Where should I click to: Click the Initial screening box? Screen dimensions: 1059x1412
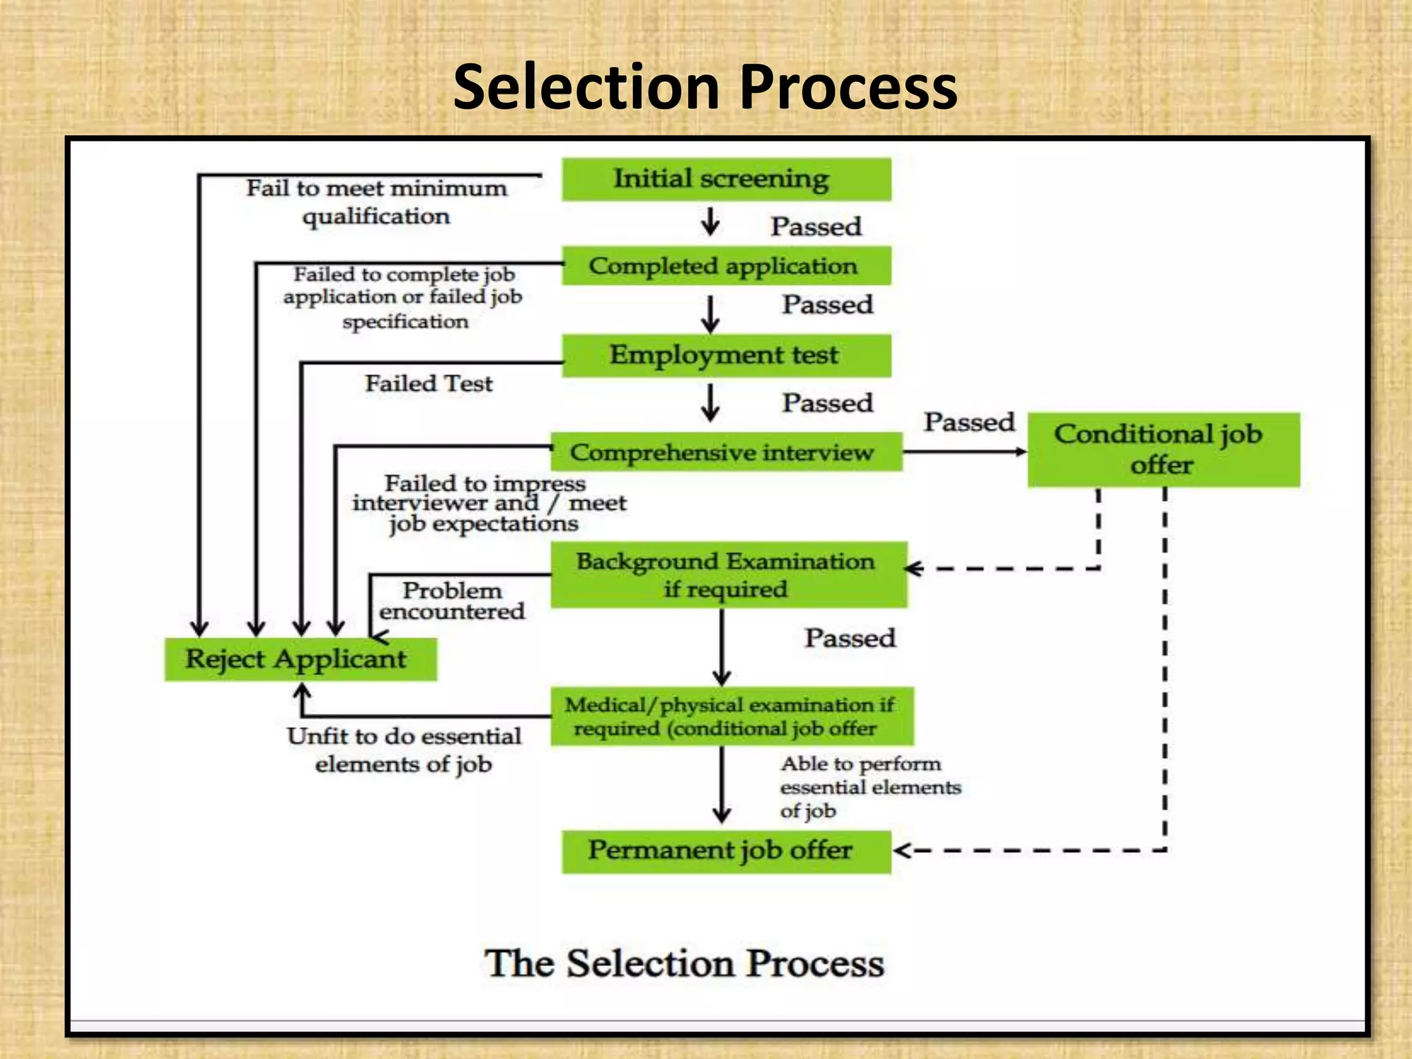pos(726,179)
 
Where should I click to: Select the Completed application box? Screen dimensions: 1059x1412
pos(726,266)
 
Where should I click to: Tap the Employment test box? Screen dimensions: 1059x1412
pos(726,355)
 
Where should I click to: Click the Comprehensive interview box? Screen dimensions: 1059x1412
pos(726,452)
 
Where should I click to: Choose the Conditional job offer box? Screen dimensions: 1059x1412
pos(1163,450)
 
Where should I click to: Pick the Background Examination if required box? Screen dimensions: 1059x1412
pos(729,574)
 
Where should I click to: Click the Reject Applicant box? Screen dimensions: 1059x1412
pos(300,659)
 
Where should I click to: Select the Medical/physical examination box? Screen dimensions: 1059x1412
pos(732,716)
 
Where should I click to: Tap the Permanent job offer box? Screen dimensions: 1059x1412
pos(726,851)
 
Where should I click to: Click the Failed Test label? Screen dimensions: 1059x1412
pos(428,383)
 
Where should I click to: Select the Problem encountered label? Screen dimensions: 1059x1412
pos(452,601)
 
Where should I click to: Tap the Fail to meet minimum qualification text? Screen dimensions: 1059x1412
pos(376,202)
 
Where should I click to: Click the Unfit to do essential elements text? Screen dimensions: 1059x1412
pos(404,749)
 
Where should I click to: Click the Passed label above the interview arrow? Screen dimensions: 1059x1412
pos(969,421)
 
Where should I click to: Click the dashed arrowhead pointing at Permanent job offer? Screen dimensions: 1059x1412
pos(902,850)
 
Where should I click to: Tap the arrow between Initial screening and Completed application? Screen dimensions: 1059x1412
pos(710,223)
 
